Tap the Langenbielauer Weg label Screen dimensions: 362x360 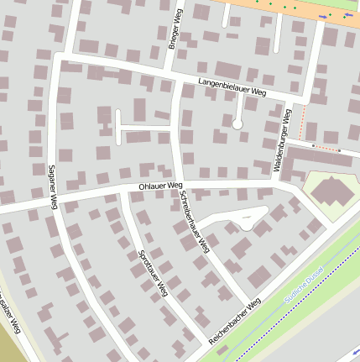pyautogui.click(x=232, y=87)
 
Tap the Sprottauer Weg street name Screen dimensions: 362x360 pyautogui.click(x=152, y=272)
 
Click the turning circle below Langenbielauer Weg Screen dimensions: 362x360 pyautogui.click(x=237, y=123)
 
